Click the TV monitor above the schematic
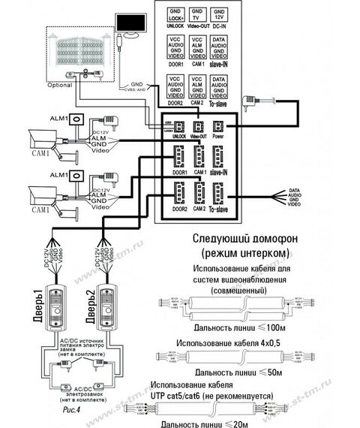click(133, 25)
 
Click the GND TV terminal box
click(196, 15)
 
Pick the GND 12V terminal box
click(217, 15)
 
